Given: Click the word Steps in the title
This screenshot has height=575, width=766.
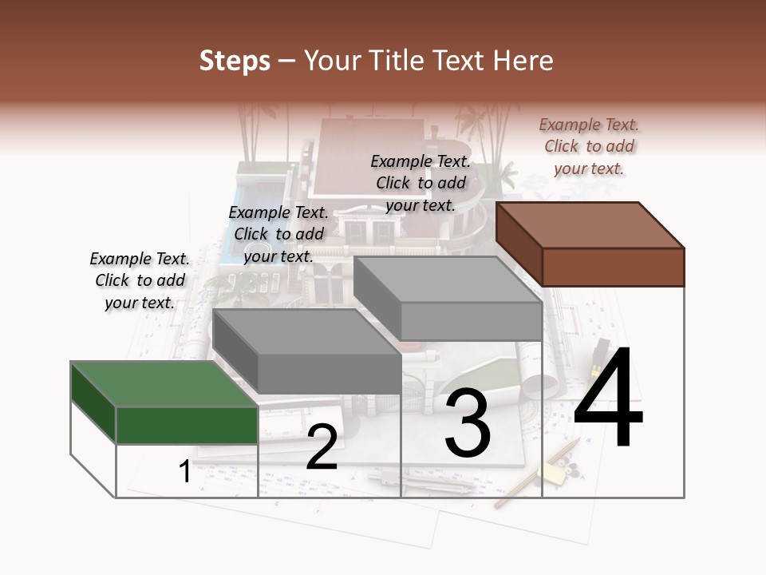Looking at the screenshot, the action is coord(235,61).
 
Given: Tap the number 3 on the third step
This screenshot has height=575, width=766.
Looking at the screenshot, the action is coord(467,423).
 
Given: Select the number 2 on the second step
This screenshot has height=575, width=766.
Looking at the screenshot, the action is coord(322,448).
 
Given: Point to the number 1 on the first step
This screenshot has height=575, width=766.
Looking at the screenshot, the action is coord(184,471).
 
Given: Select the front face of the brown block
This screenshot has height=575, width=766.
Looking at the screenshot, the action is coord(613,267).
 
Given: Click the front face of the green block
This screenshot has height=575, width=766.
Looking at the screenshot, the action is coord(187,425).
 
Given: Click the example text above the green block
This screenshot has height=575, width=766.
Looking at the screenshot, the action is coord(140,280).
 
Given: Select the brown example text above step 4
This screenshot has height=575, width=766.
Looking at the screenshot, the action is coord(589,146).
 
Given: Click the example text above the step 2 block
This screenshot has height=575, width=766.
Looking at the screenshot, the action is coord(278,234).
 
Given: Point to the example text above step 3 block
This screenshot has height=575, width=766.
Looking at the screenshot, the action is coord(421,183).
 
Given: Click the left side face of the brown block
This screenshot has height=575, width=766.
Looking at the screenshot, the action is coord(519,243).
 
